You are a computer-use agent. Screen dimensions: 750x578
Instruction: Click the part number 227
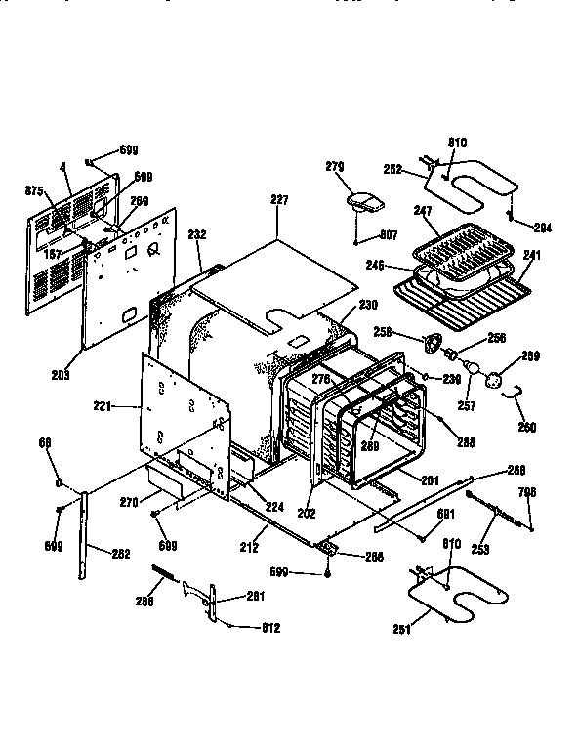(x=279, y=200)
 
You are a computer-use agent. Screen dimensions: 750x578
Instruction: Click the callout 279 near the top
(x=335, y=167)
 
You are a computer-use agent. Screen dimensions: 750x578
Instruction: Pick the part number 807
(x=389, y=234)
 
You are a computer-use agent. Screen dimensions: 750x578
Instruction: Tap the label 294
(x=543, y=228)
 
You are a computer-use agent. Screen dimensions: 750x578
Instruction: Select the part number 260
(x=527, y=427)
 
